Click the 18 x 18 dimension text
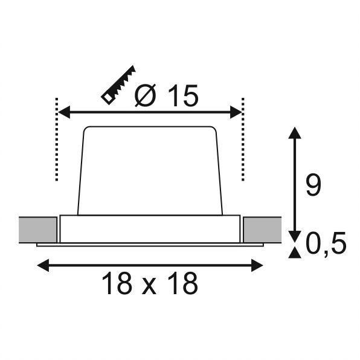click(x=150, y=283)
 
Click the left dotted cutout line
click(x=56, y=139)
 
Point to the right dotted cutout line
click(x=242, y=139)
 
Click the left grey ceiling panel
click(x=39, y=229)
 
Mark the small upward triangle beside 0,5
click(x=294, y=252)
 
